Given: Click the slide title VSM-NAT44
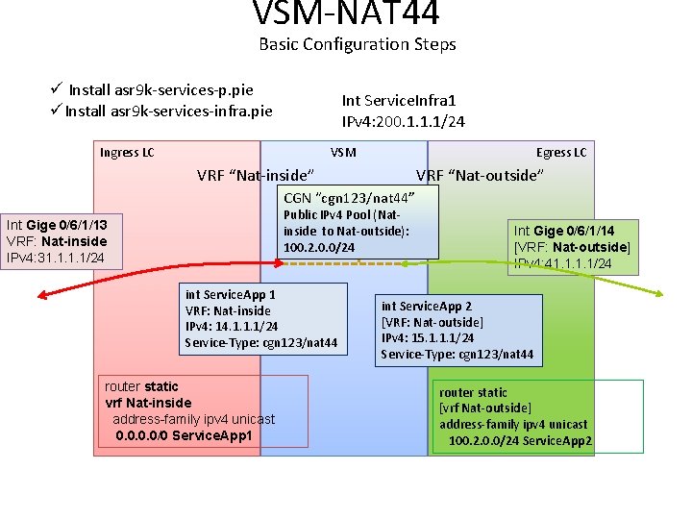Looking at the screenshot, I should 346,13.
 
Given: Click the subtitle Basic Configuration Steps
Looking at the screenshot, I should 357,44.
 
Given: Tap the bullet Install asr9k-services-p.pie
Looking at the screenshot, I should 161,89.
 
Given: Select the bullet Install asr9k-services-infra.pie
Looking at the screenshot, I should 168,111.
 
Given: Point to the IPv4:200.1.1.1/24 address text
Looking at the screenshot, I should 404,121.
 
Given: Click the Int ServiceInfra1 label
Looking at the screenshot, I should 398,100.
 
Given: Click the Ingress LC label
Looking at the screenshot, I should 127,153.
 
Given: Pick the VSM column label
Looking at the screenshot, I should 343,153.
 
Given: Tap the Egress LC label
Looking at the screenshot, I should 561,153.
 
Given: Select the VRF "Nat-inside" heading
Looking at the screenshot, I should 256,175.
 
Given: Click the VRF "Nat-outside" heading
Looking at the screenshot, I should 480,175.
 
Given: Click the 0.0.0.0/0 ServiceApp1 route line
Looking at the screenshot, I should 184,435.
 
